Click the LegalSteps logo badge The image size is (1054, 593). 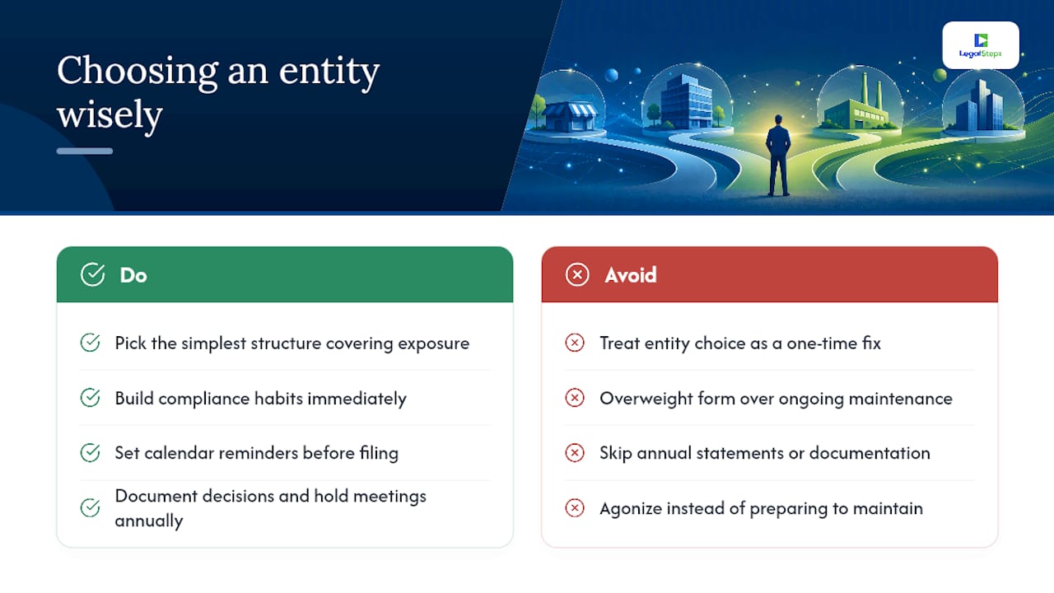click(981, 45)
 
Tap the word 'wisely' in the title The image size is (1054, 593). click(110, 114)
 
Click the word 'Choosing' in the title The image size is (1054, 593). click(138, 72)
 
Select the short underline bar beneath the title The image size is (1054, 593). click(85, 151)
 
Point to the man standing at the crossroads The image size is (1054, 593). click(778, 156)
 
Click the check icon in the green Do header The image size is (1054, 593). click(93, 274)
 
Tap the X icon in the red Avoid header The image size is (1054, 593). click(577, 275)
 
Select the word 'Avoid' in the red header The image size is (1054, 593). click(631, 275)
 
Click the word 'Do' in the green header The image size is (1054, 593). click(133, 275)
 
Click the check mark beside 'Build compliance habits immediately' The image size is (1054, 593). click(90, 398)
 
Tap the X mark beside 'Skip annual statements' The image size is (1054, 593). click(575, 453)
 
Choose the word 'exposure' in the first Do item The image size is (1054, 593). click(433, 344)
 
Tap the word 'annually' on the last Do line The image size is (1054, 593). click(149, 521)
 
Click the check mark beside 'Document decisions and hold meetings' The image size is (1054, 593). click(90, 507)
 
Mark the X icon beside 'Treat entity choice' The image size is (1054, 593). click(575, 343)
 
